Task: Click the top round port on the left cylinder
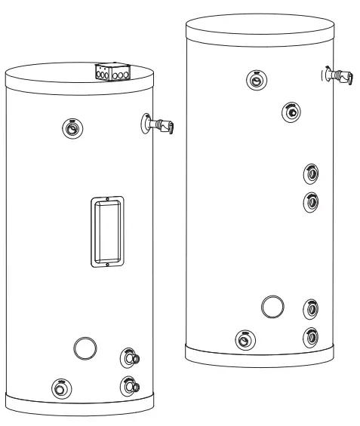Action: coord(70,128)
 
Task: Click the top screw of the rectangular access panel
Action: coord(107,199)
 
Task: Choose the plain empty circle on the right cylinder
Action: coord(272,306)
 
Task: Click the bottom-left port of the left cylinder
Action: coord(58,389)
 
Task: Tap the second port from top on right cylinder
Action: coord(291,112)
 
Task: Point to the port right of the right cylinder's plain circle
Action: coord(310,308)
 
